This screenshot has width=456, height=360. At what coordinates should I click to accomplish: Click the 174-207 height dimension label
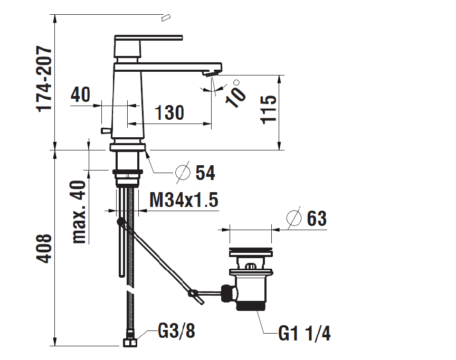coord(44,79)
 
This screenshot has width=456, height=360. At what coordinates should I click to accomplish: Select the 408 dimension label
coord(44,249)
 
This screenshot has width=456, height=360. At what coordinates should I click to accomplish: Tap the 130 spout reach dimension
coord(169,112)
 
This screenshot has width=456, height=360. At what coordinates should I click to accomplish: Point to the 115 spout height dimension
coord(268,110)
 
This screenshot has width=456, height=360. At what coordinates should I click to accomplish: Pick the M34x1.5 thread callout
coord(184,200)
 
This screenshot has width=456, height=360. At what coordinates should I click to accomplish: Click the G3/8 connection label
coord(176,330)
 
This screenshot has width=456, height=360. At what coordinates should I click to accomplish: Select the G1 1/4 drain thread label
coord(305,333)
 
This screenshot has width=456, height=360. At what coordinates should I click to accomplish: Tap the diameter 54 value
coord(205,173)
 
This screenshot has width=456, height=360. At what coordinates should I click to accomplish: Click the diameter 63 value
coord(317,219)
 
